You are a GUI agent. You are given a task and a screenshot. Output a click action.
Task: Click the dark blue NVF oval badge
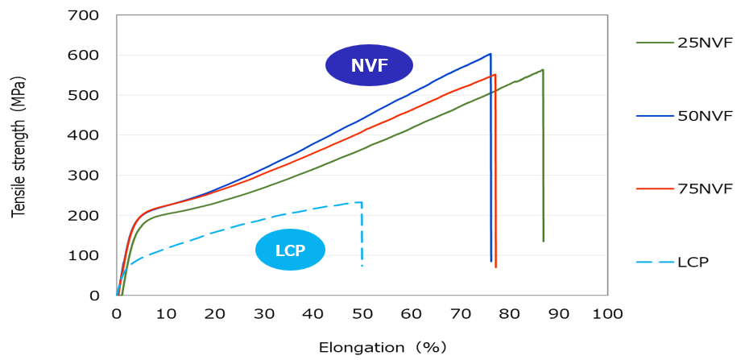point(369,66)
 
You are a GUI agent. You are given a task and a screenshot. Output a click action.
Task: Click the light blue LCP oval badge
point(290,250)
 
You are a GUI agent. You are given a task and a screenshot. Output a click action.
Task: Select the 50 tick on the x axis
point(362,312)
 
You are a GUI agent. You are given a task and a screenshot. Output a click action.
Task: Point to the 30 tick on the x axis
point(264,312)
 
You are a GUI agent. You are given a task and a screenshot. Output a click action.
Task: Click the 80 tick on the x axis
point(510,312)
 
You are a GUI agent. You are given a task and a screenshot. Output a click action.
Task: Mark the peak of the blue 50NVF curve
point(490,54)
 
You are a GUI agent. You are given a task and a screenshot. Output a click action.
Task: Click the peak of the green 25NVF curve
point(542,70)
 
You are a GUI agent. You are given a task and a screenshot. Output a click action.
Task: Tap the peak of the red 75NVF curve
point(495,75)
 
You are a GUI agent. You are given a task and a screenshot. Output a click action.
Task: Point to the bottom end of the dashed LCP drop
point(362,266)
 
